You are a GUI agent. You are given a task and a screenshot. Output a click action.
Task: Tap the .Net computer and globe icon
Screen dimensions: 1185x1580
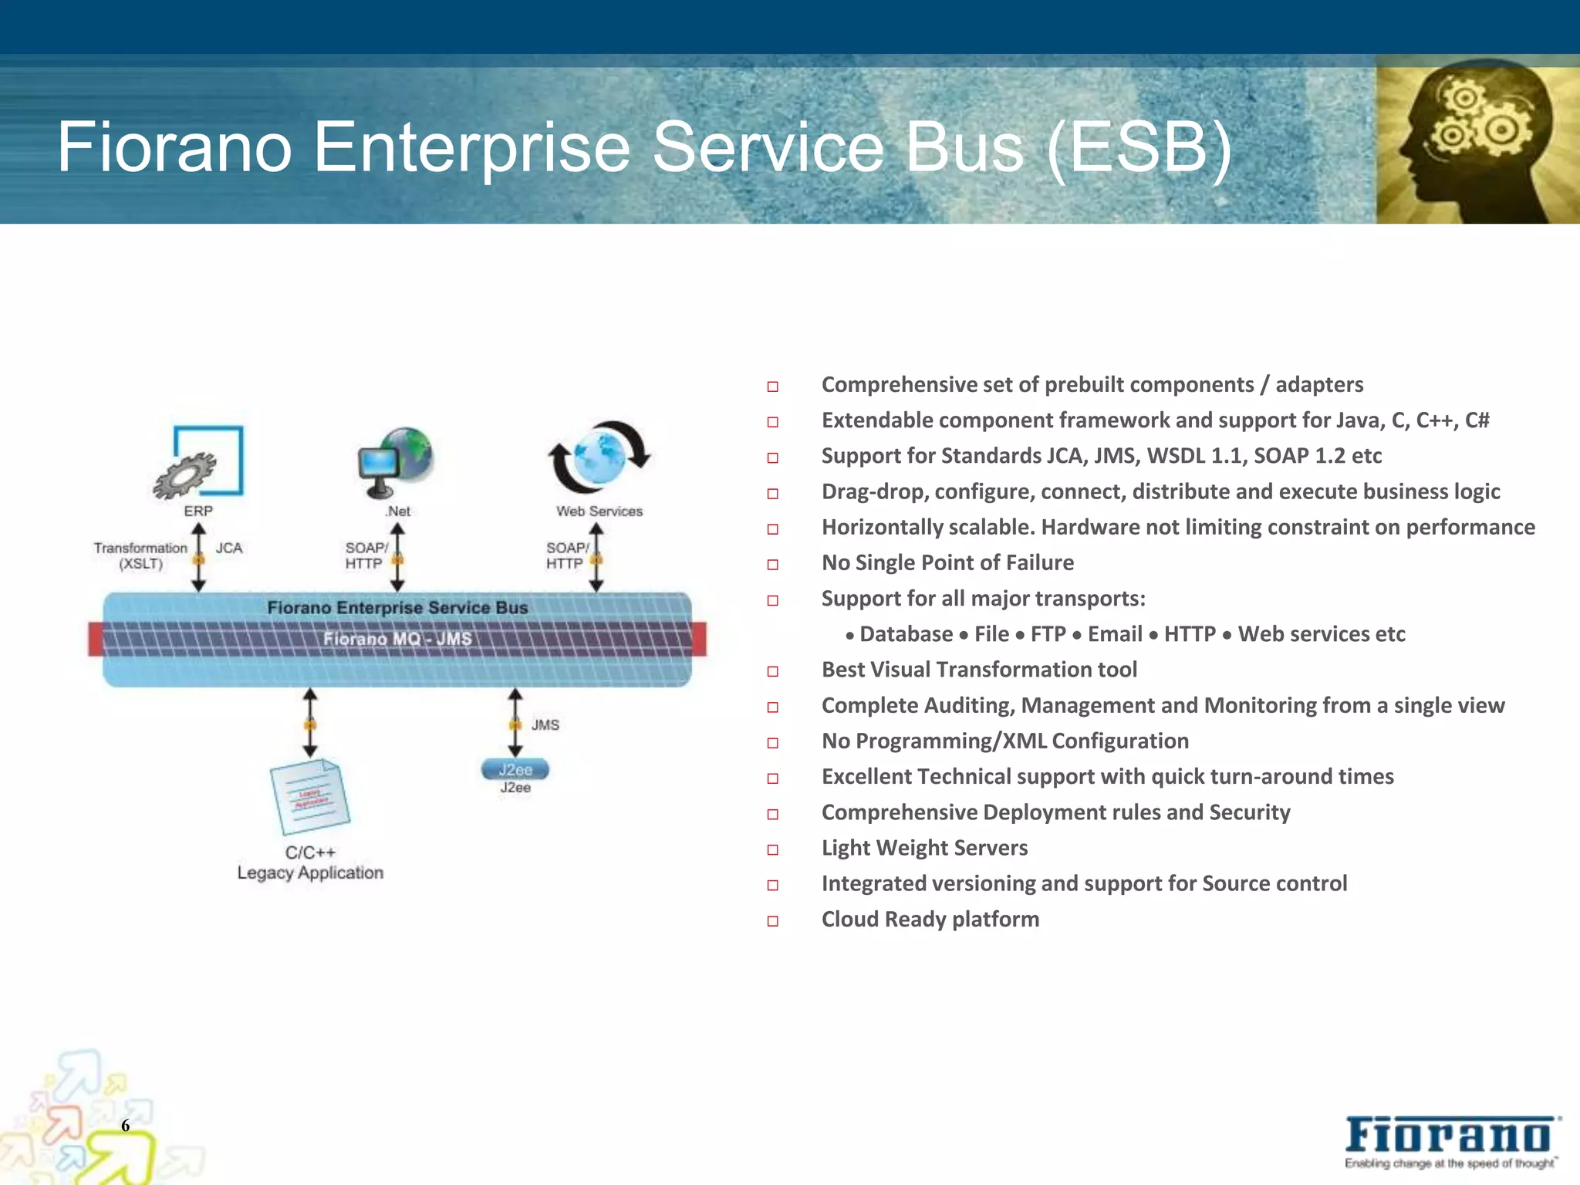pos(396,461)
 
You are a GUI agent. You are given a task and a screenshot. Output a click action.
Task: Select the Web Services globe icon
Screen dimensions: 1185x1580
pos(599,457)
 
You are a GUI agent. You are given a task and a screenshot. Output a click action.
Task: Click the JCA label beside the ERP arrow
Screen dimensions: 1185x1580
pos(229,548)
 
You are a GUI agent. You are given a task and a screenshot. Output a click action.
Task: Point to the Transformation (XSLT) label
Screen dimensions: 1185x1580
pos(140,555)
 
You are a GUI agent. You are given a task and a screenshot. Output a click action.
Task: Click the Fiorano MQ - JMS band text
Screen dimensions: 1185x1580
pos(397,639)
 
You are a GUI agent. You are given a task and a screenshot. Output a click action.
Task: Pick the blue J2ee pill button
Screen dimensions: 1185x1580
pos(515,769)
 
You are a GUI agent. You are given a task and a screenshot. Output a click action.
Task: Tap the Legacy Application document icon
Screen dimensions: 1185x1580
pos(309,797)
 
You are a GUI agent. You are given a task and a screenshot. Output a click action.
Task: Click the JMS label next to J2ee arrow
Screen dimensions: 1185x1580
pos(545,724)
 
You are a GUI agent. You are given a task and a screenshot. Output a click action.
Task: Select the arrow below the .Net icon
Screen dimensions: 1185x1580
pos(397,557)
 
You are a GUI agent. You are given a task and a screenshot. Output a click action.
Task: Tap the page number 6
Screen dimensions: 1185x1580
pos(125,1126)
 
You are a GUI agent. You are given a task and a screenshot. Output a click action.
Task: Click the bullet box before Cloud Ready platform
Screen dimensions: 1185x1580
pos(772,920)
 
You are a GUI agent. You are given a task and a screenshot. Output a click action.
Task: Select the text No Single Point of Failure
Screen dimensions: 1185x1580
pos(947,562)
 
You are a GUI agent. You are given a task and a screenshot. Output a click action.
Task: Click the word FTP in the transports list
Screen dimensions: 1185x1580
pos(1048,634)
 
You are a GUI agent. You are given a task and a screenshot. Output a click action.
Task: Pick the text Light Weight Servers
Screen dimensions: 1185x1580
pos(924,848)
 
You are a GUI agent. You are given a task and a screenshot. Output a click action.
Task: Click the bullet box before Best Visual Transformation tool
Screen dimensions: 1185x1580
pos(772,671)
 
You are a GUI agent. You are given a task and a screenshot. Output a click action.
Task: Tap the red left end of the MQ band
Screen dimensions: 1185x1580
pos(96,639)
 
